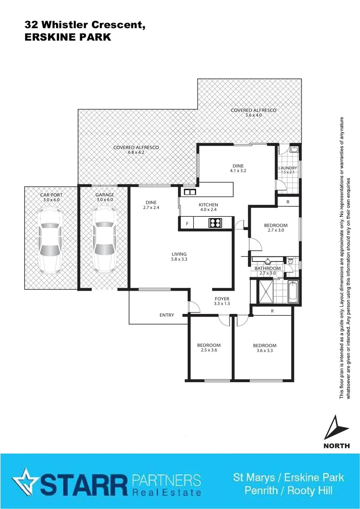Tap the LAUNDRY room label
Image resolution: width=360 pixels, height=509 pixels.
click(287, 168)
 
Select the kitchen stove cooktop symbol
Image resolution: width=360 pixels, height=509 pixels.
click(215, 223)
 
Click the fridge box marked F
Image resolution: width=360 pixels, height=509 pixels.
click(187, 224)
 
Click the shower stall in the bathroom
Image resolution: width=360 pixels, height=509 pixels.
click(265, 291)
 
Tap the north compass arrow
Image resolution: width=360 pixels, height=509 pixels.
click(336, 428)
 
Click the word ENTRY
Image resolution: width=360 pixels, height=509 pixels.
click(167, 315)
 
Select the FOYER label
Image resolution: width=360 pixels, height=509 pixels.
click(222, 299)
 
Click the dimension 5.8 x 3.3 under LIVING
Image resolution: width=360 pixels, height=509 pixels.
click(179, 259)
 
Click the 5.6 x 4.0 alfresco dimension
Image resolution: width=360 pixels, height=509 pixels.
click(253, 115)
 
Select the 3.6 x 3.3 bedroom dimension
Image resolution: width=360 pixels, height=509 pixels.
click(264, 351)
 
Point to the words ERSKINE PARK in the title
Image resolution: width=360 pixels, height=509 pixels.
click(67, 38)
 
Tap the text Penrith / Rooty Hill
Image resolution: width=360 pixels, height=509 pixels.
click(288, 491)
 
